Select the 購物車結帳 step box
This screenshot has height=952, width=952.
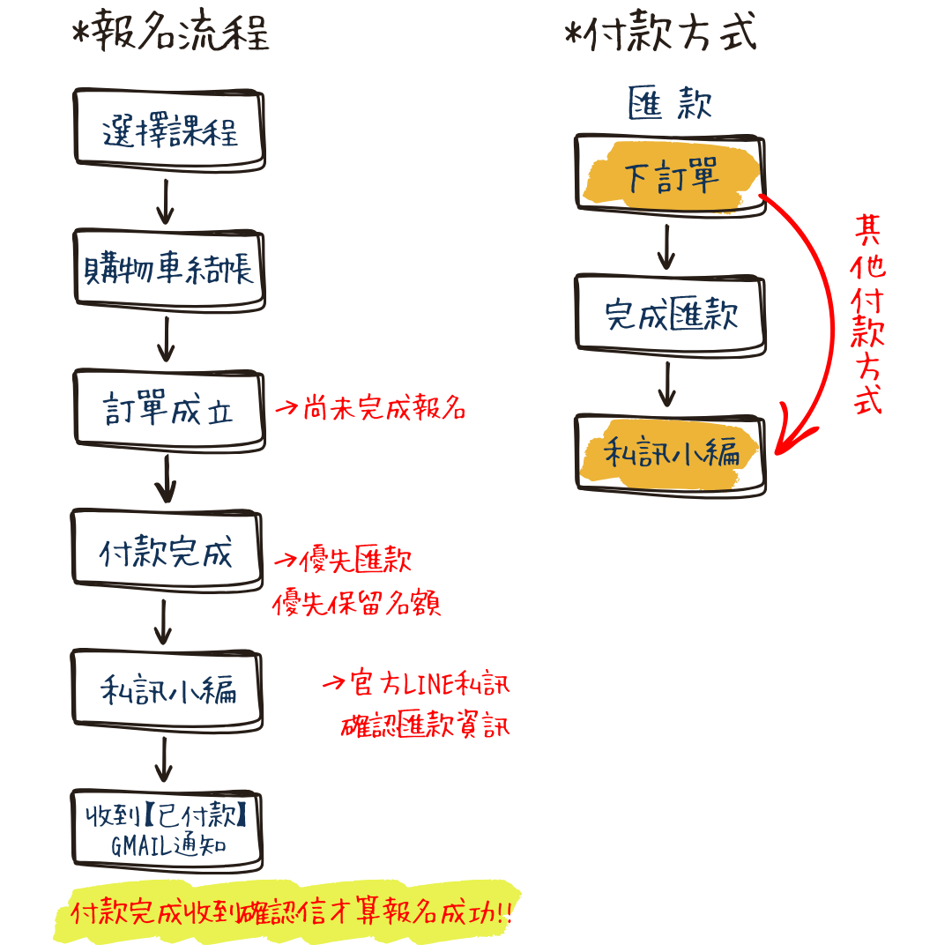click(x=169, y=269)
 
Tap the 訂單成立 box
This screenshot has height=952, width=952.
click(x=169, y=411)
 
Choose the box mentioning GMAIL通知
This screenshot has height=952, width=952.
click(x=167, y=830)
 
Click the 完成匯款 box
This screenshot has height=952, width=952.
click(x=670, y=315)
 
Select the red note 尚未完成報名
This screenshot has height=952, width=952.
click(x=370, y=409)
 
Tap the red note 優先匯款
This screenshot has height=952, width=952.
click(x=344, y=561)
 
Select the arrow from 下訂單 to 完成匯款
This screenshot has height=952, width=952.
click(x=667, y=247)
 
